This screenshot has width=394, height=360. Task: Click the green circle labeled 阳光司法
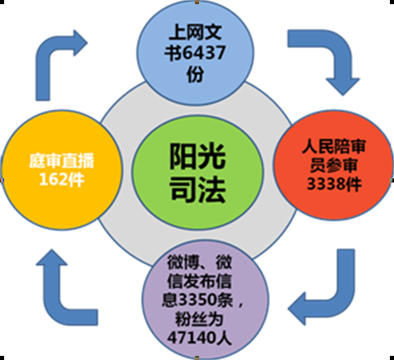197,172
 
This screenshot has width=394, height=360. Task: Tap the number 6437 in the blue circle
204,53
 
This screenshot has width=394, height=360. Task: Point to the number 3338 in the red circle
325,184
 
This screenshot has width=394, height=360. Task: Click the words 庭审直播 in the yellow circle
62,161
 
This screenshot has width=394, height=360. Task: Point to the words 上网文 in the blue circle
195,32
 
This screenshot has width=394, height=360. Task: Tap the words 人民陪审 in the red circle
334,146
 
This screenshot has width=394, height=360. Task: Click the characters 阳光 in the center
197,156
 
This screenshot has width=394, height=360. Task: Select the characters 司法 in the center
198,189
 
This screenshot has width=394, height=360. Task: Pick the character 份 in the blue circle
195,73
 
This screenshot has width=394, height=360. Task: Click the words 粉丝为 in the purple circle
198,319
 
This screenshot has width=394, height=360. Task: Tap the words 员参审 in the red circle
334,165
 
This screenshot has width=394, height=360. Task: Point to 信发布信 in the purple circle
199,281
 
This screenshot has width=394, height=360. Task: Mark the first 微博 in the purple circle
183,263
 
